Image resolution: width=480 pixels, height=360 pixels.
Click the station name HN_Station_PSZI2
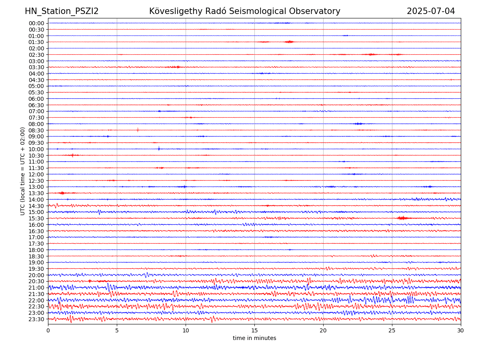62,11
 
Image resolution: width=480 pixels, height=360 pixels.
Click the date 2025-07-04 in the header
431,11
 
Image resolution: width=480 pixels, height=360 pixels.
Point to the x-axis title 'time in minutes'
254,338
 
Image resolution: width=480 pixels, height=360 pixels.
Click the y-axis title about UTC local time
23,171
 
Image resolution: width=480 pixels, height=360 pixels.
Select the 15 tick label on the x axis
254,331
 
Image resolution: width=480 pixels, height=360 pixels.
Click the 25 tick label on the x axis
392,331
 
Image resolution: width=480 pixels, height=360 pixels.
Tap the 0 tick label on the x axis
48,331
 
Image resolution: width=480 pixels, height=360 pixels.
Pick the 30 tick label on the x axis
461,331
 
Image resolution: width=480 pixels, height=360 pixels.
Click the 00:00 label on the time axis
36,23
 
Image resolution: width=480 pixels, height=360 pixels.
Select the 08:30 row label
36,130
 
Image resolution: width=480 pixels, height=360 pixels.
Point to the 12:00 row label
36,174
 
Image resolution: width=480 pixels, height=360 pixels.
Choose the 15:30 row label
36,218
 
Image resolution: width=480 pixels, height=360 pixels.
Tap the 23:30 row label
36,319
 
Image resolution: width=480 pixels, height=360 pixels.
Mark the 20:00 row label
36,275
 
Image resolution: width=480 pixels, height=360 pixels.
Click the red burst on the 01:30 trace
289,42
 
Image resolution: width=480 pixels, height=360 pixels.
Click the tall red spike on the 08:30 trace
138,130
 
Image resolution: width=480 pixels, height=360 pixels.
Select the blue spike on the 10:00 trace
159,149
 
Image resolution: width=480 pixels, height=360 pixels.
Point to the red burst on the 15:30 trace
402,218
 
